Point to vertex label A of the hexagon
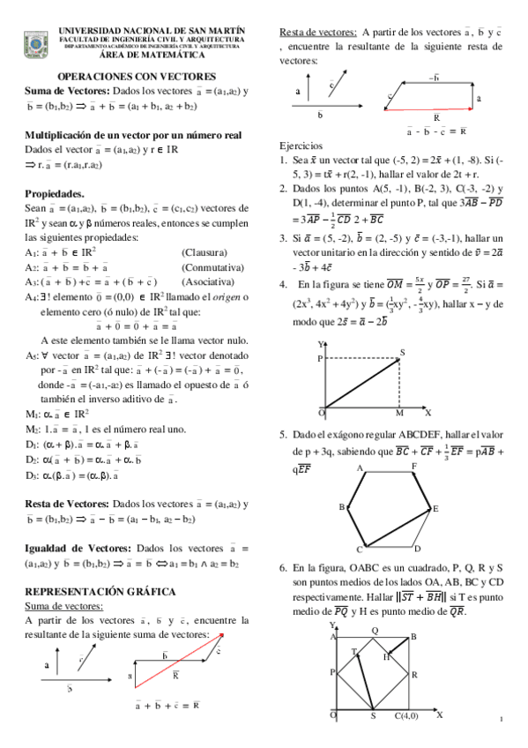(360, 470)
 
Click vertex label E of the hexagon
(435, 509)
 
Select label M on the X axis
(398, 413)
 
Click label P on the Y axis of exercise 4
(320, 359)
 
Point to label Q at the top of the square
(374, 630)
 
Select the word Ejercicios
(301, 146)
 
